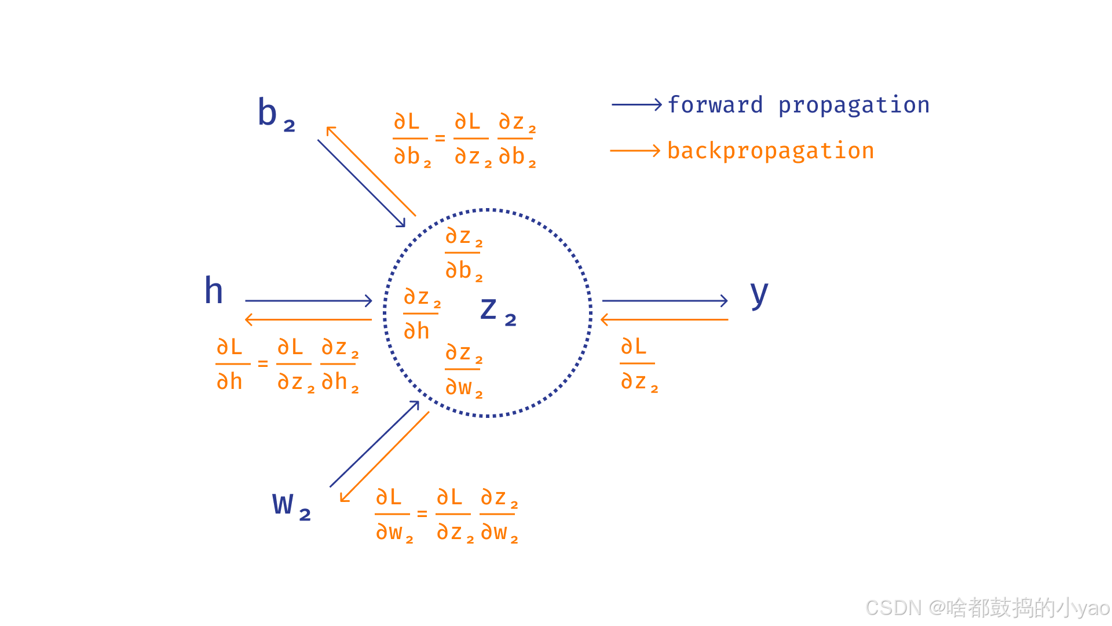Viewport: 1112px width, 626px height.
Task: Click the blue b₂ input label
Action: pos(276,114)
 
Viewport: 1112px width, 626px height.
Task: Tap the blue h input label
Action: pos(214,290)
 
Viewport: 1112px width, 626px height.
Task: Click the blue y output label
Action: pos(759,294)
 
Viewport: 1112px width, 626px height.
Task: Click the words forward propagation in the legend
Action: pos(798,105)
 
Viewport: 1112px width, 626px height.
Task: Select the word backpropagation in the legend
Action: pos(770,151)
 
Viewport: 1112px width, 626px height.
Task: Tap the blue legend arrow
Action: pos(636,104)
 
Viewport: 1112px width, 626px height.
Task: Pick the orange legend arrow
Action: pos(635,151)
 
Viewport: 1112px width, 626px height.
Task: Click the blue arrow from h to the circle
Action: pos(308,300)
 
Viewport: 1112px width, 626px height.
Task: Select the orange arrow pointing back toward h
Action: pos(308,319)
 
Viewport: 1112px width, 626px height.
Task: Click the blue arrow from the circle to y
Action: pos(664,300)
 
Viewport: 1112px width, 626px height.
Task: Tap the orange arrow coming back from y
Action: pos(664,319)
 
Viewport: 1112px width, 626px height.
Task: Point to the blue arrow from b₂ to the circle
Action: pos(361,183)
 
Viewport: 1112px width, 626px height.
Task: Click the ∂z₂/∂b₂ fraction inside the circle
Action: pos(463,253)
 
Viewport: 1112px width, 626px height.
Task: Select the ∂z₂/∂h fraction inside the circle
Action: pos(422,314)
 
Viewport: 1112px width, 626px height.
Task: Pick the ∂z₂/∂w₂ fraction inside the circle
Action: pos(463,370)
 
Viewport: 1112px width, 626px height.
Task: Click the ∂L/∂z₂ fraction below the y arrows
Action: pos(638,364)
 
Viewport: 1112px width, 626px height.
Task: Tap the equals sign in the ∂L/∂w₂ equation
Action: pos(422,514)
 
